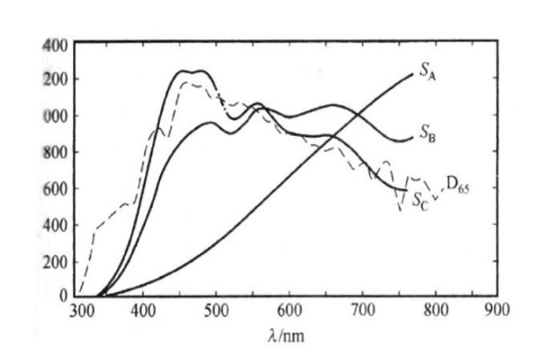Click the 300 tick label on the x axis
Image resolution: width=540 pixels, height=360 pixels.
click(x=82, y=310)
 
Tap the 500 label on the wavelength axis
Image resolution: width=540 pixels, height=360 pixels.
click(x=216, y=310)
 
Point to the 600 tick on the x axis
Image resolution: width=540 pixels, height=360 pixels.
click(x=289, y=310)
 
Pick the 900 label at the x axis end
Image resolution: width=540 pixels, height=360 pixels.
click(x=498, y=310)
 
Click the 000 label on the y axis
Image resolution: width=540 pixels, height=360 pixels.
click(x=56, y=116)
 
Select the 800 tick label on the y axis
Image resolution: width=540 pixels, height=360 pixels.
click(x=56, y=152)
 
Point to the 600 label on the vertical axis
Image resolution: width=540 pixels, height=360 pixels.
click(x=56, y=188)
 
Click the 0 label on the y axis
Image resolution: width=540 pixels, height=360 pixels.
click(x=64, y=295)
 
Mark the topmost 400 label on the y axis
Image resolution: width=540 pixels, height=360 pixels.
click(x=56, y=44)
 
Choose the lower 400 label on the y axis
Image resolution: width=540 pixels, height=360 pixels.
click(x=56, y=224)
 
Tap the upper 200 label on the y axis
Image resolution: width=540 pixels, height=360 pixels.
click(x=56, y=80)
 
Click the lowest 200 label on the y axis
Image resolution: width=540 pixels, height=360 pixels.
click(x=56, y=260)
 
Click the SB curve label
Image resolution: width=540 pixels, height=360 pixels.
click(x=427, y=136)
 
